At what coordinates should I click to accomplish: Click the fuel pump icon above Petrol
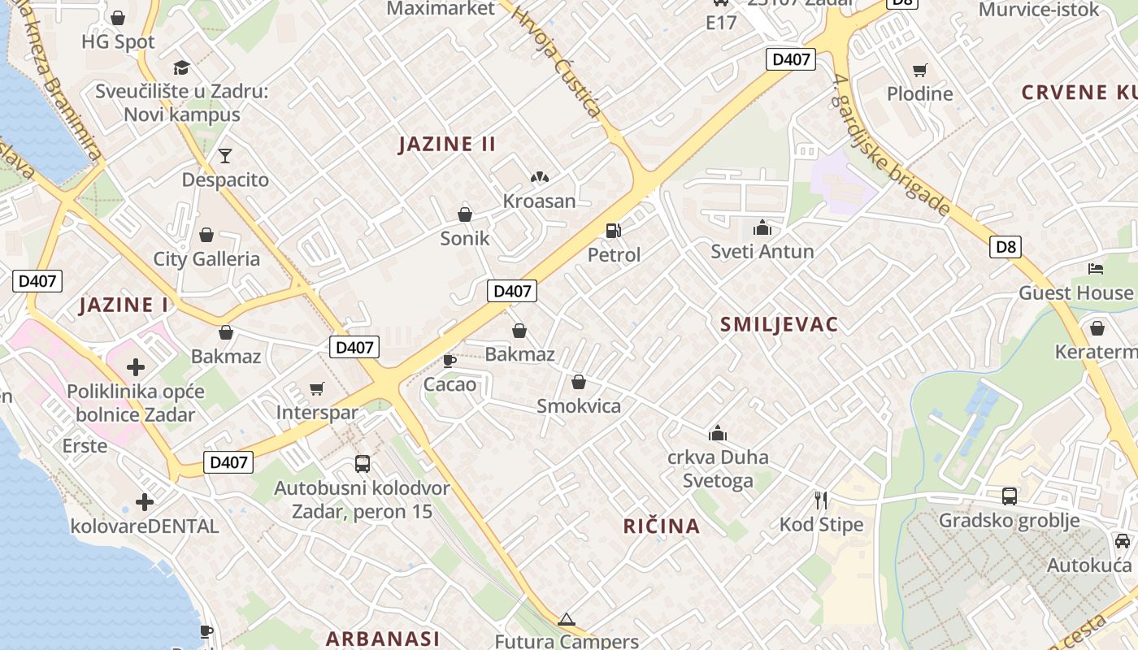click(614, 231)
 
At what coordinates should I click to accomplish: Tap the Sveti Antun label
click(762, 251)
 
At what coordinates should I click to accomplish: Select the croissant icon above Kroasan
click(539, 176)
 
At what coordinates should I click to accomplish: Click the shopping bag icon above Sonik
click(465, 214)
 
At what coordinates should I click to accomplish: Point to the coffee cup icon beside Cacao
click(449, 360)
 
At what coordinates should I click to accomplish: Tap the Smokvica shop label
click(578, 405)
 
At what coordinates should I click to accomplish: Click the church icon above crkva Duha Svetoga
click(718, 433)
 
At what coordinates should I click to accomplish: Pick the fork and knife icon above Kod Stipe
click(821, 500)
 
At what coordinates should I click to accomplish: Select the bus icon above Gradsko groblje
click(1009, 496)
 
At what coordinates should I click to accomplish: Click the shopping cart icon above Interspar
click(317, 388)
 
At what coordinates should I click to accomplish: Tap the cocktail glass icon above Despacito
click(225, 155)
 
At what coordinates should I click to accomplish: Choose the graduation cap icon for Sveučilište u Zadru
click(181, 67)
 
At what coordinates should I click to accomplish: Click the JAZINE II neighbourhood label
click(447, 145)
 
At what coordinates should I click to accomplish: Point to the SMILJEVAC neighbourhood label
click(779, 325)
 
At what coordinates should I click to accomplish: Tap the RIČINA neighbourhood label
click(662, 526)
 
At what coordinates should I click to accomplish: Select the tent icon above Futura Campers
click(567, 619)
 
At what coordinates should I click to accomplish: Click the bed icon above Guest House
click(1096, 269)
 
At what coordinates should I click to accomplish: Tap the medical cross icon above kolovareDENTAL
click(145, 502)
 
